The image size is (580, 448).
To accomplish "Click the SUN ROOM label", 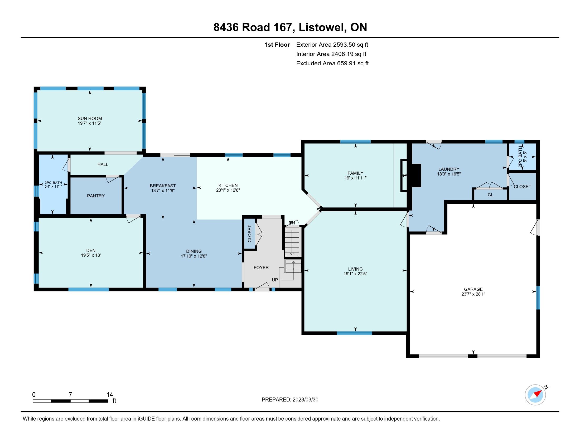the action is (x=90, y=119).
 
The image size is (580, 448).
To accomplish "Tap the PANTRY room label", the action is (x=96, y=196).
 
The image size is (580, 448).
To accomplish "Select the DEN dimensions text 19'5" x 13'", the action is (x=91, y=255).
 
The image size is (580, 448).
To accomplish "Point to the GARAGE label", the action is (x=473, y=289).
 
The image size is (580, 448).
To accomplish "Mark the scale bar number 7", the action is (x=70, y=395).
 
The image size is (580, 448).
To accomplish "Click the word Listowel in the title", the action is (x=323, y=27).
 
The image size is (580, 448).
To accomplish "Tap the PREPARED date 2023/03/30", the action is (x=305, y=400).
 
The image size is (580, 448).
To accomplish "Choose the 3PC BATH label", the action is (x=53, y=183).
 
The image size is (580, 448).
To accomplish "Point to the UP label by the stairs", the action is (x=275, y=280).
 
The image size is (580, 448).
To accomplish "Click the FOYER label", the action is (x=261, y=267).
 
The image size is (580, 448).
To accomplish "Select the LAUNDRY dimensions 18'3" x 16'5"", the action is (x=449, y=174).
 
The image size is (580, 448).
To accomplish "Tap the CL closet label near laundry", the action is (x=490, y=195).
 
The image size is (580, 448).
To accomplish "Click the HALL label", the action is (x=103, y=164).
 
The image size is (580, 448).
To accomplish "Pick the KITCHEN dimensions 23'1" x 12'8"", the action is (x=228, y=190).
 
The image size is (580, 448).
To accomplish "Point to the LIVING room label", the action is (x=355, y=269).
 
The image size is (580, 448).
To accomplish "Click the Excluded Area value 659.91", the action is (x=346, y=63).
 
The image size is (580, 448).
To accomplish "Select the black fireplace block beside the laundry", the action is (x=416, y=176).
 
